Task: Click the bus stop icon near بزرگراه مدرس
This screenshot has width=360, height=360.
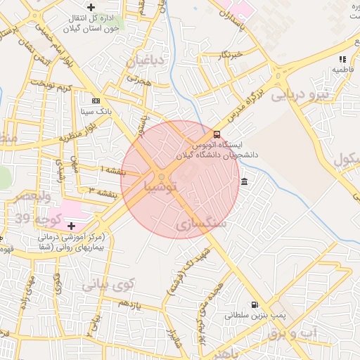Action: pos(216,134)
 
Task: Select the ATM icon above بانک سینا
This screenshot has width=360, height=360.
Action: pos(96,101)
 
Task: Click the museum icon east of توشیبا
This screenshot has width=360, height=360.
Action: pos(244,183)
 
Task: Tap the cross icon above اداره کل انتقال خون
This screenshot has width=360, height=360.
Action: pos(91,7)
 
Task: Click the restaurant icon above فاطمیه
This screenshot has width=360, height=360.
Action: pos(342,60)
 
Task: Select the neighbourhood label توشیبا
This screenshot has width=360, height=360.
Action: pos(166,188)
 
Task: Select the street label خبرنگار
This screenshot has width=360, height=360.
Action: pos(231,54)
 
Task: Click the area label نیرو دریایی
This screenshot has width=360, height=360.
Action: pos(301,95)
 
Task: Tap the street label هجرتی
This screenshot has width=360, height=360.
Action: pos(139,82)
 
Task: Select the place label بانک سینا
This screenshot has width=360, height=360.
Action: pos(96,111)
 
